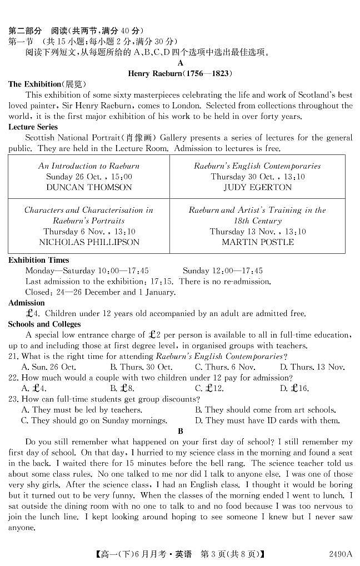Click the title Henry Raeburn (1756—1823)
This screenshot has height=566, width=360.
[x=179, y=73]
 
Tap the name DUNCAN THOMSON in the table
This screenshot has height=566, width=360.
[x=89, y=188]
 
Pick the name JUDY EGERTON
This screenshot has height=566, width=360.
[x=257, y=188]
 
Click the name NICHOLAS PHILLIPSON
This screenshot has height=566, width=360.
[x=89, y=242]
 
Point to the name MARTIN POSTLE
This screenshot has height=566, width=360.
[x=257, y=242]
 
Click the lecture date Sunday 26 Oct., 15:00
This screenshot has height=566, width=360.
[x=89, y=177]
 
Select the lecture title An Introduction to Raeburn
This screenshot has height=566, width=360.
[x=89, y=166]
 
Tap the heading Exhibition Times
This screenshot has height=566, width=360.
[x=39, y=260]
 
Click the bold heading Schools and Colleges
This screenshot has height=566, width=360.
[x=44, y=324]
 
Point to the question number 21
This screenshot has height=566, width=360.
[x=13, y=357]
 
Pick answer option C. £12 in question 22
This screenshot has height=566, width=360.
[x=209, y=389]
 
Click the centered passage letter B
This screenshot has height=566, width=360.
[x=180, y=431]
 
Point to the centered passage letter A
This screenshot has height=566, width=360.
[x=180, y=63]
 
